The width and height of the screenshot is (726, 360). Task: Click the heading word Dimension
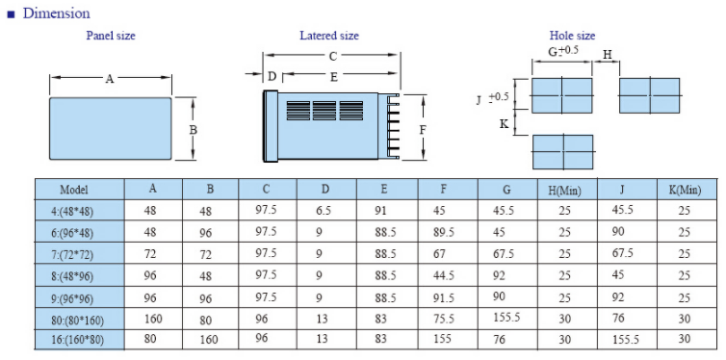click(57, 13)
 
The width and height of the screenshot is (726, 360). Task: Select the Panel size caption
click(111, 36)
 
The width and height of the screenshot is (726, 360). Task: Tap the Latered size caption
click(329, 36)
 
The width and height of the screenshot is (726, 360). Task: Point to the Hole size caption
click(572, 36)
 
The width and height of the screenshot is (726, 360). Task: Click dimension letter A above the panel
click(109, 79)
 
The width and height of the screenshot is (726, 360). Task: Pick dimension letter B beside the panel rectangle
click(194, 131)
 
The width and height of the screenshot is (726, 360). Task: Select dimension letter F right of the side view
click(423, 131)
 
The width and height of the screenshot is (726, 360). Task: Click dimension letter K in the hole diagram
click(505, 123)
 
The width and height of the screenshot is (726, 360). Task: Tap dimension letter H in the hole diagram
click(608, 54)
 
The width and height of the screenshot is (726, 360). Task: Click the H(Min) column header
click(567, 190)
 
